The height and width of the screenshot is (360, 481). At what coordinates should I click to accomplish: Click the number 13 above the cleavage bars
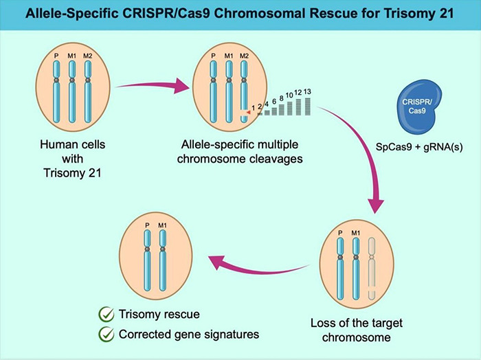click(x=307, y=92)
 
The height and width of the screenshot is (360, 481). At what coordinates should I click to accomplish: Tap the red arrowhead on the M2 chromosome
click(x=245, y=110)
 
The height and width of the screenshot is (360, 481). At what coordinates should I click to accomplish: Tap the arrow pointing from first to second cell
click(x=152, y=86)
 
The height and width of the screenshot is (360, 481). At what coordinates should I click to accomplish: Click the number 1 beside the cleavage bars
click(x=253, y=107)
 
